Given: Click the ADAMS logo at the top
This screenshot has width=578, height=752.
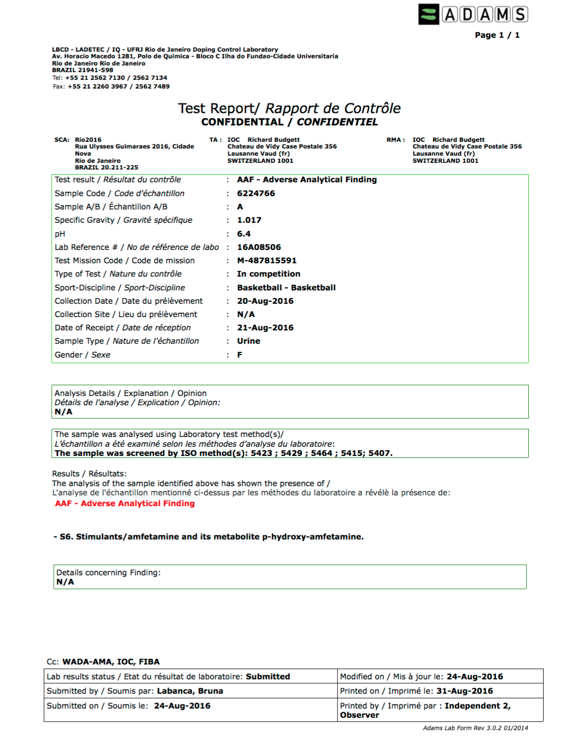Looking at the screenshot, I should click(x=473, y=14).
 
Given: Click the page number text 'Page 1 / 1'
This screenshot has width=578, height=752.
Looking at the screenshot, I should click(x=497, y=35).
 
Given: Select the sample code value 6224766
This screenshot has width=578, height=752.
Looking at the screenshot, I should click(x=255, y=193).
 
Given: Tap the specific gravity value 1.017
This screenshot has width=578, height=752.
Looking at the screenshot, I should click(x=249, y=220).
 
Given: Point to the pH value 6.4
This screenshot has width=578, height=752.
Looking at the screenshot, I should click(x=244, y=234).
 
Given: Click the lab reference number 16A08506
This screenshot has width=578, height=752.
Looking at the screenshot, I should click(x=259, y=247).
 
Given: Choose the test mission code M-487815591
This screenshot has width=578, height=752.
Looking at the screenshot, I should click(x=266, y=260).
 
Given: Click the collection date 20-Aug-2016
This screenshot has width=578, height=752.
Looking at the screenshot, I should click(x=265, y=301).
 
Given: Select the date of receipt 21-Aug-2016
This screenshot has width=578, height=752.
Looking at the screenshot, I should click(x=265, y=327).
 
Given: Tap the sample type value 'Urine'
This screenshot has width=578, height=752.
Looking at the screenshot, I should click(x=248, y=341).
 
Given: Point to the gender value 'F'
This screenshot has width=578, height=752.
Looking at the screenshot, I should click(x=240, y=354).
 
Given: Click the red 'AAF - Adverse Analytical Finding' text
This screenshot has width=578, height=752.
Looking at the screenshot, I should click(x=124, y=503).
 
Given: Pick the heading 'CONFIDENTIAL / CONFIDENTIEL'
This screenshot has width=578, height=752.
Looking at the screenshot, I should click(x=289, y=122).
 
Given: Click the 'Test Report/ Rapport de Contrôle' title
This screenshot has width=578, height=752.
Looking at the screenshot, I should click(x=289, y=108).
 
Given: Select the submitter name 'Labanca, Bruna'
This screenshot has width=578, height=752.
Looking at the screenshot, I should click(x=189, y=691).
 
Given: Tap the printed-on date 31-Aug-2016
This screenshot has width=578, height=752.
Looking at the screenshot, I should click(x=464, y=691).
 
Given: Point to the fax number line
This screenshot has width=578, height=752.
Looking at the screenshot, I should click(x=111, y=86).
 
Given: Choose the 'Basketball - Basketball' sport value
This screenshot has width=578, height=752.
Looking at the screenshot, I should click(x=286, y=287).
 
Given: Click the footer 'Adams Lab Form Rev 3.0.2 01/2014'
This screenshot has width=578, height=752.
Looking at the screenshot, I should click(x=475, y=727).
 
